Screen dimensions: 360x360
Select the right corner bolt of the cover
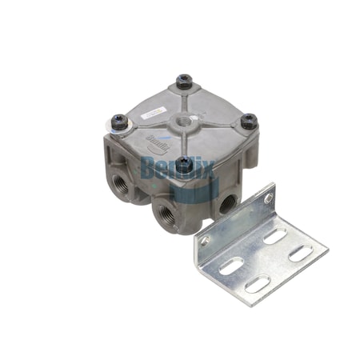pos(249,122)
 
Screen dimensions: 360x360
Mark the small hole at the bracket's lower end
pos(206,240)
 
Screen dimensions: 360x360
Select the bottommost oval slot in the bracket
pos(256,283)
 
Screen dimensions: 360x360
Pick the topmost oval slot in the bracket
pos(274,235)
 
